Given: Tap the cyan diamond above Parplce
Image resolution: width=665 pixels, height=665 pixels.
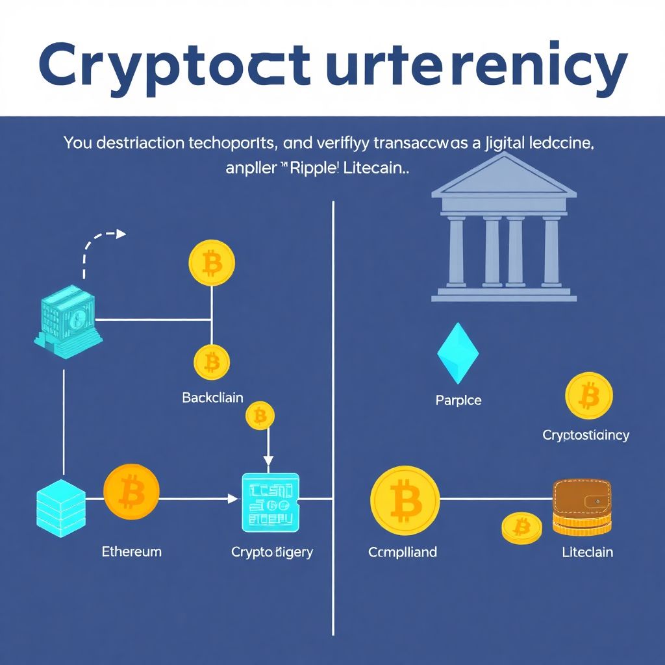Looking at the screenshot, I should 458,353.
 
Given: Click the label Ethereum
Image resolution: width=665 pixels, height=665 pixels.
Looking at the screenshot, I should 132,552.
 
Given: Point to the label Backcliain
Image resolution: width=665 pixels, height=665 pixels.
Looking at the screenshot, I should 212,397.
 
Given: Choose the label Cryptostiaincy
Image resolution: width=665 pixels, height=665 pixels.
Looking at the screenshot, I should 586,435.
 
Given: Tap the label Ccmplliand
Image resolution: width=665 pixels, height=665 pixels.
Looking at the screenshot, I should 403,552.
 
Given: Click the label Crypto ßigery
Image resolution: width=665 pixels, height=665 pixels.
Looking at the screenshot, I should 272,552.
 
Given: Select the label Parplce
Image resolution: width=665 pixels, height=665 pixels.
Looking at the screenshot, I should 458,401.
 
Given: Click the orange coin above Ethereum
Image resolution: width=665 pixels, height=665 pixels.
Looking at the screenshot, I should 131,492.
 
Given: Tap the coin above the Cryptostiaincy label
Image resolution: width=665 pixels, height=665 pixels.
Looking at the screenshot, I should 589,395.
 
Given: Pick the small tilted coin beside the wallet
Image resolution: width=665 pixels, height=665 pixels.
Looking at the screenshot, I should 521,528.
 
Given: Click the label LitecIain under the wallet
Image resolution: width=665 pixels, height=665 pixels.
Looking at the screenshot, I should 587,552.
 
